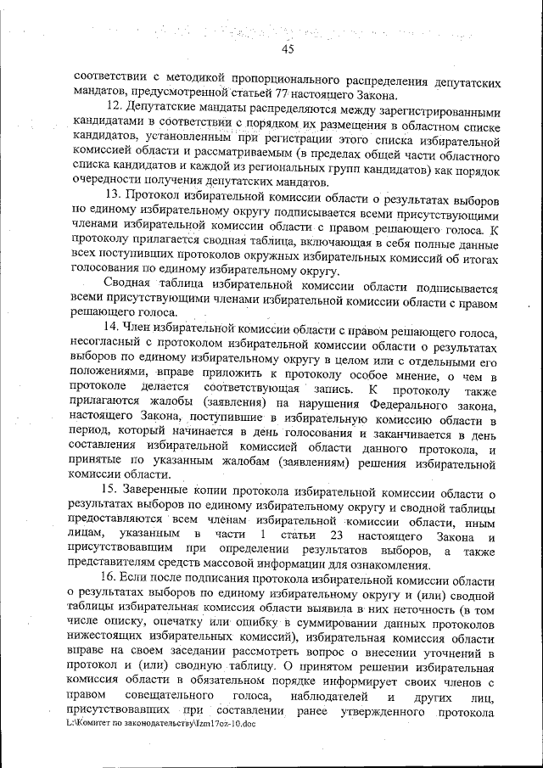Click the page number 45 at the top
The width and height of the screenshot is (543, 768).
pos(287,49)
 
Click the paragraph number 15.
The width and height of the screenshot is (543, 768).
pos(109,491)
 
